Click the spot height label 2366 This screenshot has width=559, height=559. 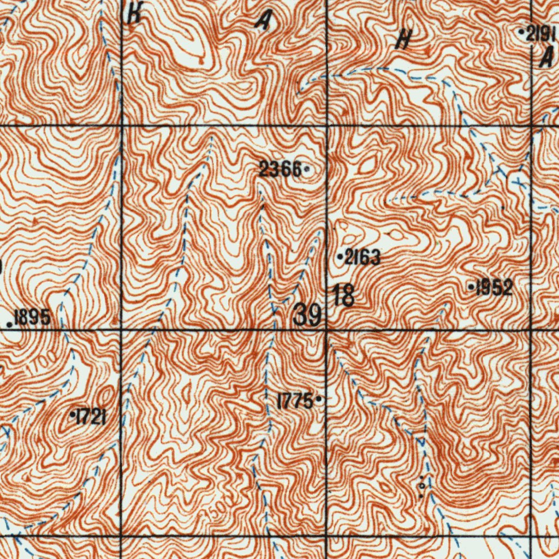tap(280, 170)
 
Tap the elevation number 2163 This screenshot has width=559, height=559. tap(362, 257)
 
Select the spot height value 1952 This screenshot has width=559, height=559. tap(494, 288)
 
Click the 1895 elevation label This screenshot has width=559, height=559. tap(32, 317)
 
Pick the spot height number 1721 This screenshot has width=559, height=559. tap(91, 418)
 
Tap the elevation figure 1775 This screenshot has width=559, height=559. tap(295, 402)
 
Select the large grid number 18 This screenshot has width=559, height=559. tap(343, 296)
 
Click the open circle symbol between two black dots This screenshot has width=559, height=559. tap(421, 484)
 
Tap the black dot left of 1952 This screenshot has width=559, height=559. tap(472, 286)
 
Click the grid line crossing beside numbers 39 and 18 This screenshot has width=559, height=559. tap(326, 330)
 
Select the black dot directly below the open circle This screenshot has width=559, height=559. tap(421, 496)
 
